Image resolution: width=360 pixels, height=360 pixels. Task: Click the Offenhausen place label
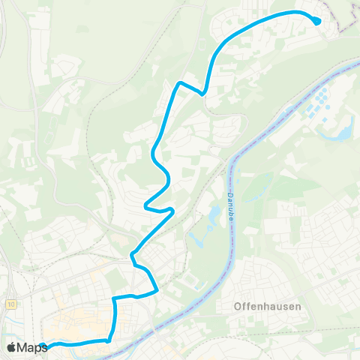point(256,306)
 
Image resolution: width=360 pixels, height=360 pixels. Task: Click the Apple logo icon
point(11,347)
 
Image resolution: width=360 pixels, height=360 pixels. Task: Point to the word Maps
point(32,347)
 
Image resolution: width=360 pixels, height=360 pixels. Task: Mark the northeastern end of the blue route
point(317,21)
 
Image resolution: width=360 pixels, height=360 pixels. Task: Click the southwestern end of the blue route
point(44,346)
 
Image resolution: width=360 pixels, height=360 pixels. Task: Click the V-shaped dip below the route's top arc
point(202,94)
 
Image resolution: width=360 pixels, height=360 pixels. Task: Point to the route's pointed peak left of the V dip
point(178,82)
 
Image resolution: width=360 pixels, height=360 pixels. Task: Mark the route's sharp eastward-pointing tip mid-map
point(173,210)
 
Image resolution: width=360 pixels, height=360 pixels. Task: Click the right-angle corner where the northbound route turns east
point(114,298)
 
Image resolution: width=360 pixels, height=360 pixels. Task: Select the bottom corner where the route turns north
point(110,339)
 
